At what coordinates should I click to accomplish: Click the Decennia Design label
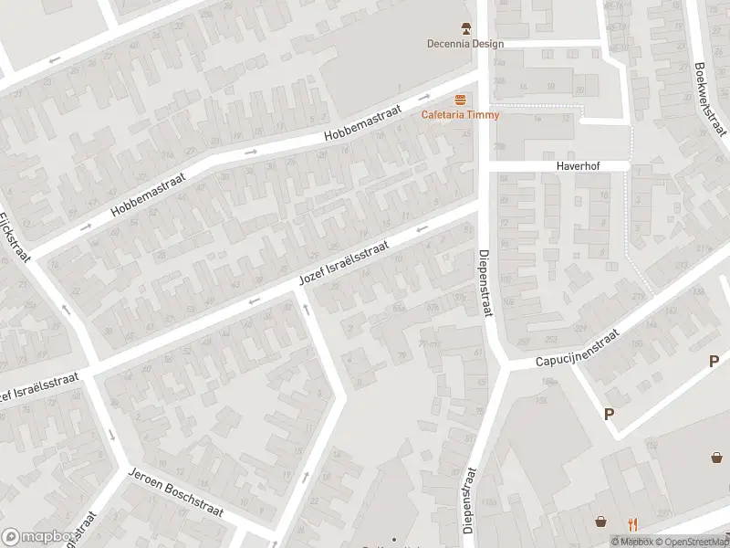(x=465, y=44)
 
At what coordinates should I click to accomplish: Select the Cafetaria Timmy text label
(x=460, y=114)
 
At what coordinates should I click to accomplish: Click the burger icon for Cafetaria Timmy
(x=461, y=100)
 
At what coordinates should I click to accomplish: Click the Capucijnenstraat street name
(x=576, y=348)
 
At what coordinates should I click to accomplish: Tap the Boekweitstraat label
(x=709, y=99)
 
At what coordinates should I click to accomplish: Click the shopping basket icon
(x=601, y=522)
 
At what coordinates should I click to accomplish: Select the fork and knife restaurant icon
(x=632, y=523)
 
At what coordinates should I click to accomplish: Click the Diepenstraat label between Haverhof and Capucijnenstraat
(x=484, y=282)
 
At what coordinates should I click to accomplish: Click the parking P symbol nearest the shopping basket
(x=609, y=414)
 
